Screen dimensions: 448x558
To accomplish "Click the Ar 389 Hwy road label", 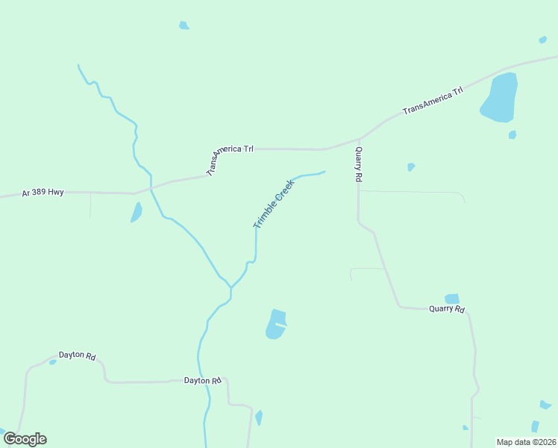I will (x=43, y=193).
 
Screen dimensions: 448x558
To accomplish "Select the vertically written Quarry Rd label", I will (x=359, y=164).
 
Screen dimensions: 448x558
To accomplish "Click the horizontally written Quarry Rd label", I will (x=446, y=309).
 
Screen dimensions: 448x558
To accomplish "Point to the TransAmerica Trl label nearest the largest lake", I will (x=433, y=100).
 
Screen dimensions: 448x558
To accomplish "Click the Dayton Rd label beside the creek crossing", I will (x=203, y=381).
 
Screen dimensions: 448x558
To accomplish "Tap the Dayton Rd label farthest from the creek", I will (x=78, y=357).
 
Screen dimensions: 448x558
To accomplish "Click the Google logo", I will (x=25, y=439).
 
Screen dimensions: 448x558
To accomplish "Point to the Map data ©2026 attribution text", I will (x=525, y=442).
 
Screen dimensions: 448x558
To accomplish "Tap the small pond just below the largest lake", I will (x=512, y=134).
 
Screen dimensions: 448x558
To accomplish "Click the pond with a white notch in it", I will (x=275, y=324).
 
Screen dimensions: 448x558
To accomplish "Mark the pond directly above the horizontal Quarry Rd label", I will (x=452, y=299).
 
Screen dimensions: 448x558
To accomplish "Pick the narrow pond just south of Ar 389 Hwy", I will (x=137, y=212).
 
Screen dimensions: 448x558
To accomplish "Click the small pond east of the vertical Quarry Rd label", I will (x=411, y=167).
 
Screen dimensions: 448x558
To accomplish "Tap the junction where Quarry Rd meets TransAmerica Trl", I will (x=359, y=140).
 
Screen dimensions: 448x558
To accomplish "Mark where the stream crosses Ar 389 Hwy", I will (x=151, y=187).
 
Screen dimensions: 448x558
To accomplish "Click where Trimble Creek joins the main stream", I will (x=231, y=288).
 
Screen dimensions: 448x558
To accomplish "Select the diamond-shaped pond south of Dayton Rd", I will (x=259, y=417).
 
